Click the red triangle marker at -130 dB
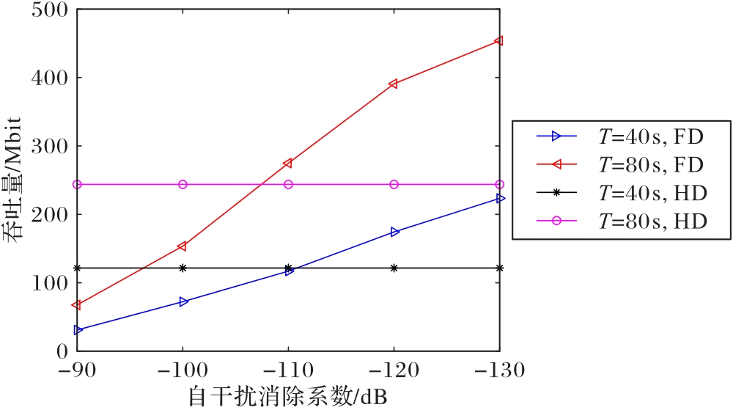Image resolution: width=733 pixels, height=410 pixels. pos(499,41)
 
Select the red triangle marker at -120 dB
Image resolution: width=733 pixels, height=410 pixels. pos(394,84)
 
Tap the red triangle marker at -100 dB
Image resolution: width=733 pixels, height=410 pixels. pos(183,246)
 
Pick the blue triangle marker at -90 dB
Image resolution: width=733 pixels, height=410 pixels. pos(78,330)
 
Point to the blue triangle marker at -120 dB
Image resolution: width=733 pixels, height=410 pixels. pos(394,232)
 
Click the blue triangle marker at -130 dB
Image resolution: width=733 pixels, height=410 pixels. pos(500,198)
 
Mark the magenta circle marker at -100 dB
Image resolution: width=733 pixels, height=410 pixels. pos(183,184)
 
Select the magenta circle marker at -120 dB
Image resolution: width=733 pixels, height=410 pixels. pos(394,184)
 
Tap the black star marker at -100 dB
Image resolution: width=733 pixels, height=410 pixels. pos(183,268)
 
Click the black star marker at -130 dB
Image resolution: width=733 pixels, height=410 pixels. pos(500,268)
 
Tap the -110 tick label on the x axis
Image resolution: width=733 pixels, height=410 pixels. pos(288,370)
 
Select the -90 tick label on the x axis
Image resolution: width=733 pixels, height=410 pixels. pos(77,370)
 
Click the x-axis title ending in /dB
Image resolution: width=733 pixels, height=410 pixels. pos(287,397)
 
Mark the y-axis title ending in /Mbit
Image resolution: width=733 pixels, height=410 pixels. pos(17,180)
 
